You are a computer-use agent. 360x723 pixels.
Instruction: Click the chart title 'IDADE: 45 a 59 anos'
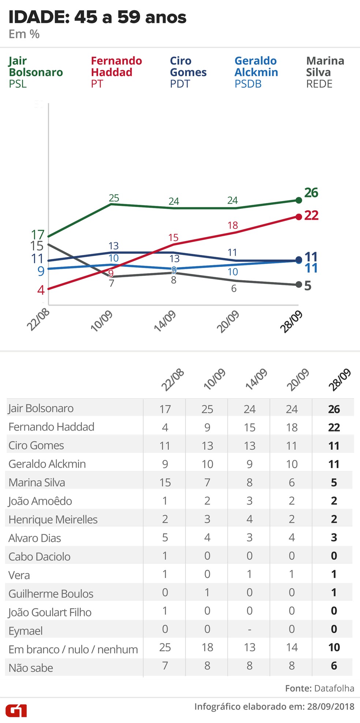[x=97, y=17]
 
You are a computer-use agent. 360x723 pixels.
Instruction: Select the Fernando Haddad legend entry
[x=116, y=72]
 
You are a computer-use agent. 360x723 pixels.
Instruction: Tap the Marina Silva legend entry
[x=325, y=72]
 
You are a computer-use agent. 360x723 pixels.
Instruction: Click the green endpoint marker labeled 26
[x=299, y=200]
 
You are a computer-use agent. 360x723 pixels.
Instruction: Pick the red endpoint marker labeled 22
[x=299, y=216]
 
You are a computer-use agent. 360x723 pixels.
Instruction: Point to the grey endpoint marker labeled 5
[x=299, y=285]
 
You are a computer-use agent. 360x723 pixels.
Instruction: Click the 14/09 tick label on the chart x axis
[x=165, y=321]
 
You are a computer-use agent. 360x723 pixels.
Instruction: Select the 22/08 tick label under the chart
[x=38, y=320]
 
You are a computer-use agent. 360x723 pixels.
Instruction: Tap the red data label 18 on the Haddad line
[x=233, y=225]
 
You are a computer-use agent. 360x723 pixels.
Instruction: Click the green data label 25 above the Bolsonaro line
[x=114, y=198]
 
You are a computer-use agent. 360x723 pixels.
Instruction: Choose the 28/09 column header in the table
[x=340, y=380]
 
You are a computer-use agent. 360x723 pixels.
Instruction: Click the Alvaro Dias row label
[x=35, y=538]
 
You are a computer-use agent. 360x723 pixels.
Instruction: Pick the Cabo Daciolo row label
[x=40, y=557]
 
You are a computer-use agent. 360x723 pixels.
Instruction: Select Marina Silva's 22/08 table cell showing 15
[x=165, y=482]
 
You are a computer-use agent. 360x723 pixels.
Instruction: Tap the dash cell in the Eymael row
[x=250, y=629]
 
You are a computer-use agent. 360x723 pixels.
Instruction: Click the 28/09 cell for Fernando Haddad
[x=334, y=427]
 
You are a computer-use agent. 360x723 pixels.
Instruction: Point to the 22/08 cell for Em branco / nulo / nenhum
[x=165, y=648]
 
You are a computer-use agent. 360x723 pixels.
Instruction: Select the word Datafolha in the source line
[x=334, y=688]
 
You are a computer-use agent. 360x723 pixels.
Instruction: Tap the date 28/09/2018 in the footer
[x=330, y=706]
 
